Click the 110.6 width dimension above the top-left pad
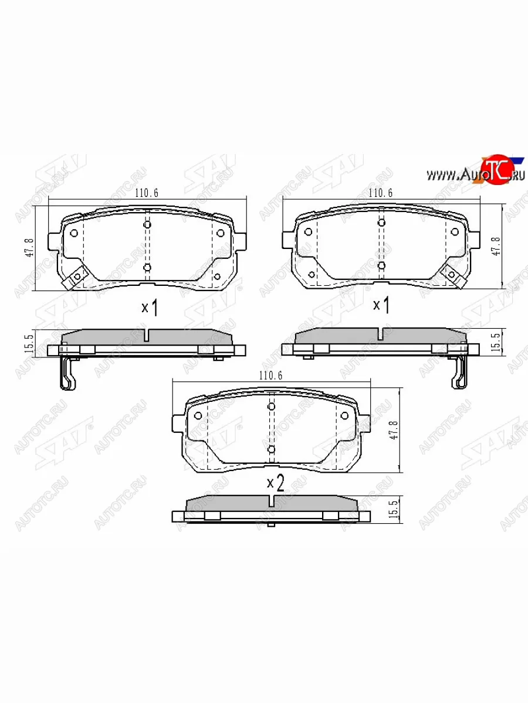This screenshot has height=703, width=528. (147, 193)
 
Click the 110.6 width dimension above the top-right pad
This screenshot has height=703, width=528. (380, 193)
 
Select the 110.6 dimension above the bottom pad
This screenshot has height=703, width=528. (270, 376)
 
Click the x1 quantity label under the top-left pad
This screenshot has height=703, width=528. (150, 307)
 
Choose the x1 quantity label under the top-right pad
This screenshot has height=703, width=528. (382, 305)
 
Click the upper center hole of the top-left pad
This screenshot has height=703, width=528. (147, 224)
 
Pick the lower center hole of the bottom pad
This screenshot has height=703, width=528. (271, 449)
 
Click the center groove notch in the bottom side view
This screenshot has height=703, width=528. (270, 502)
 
